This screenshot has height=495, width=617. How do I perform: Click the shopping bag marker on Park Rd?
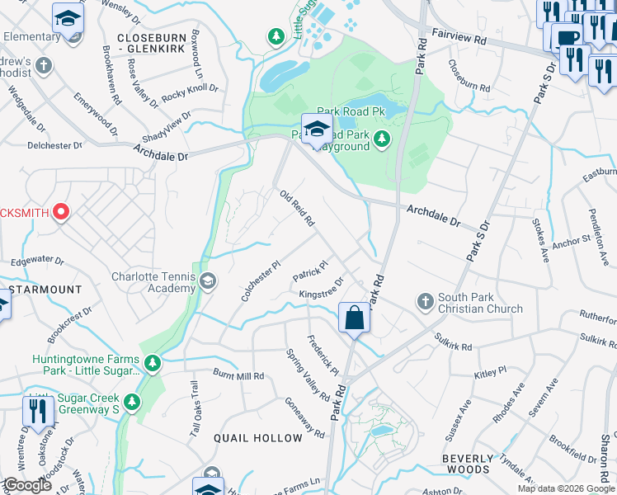point(354,318)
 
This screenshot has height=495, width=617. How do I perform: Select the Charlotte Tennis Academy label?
point(151,283)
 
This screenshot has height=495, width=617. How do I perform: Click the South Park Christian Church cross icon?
point(425,300)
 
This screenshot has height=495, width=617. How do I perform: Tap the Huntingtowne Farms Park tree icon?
point(151,362)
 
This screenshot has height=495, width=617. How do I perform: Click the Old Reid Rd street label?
point(298,209)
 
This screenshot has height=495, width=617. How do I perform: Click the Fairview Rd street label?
point(458,39)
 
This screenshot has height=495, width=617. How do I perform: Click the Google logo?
point(27,485)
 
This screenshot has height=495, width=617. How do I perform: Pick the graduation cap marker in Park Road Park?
point(316,129)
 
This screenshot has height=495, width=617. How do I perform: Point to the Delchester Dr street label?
point(55,145)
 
